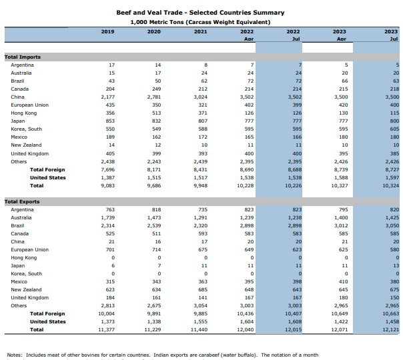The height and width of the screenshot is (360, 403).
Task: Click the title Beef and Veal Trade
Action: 200,13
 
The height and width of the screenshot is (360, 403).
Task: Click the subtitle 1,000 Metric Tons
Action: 200,22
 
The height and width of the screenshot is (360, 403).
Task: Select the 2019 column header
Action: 107,31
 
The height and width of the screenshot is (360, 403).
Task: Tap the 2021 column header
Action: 200,31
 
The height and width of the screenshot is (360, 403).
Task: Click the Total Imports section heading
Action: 23,57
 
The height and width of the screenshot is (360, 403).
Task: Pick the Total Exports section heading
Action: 23,201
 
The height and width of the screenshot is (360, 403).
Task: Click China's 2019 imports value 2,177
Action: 107,97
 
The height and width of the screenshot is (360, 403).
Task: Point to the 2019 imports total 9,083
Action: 107,185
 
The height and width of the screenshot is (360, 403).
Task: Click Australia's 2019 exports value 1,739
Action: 107,217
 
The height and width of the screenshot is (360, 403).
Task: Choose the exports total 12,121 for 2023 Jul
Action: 391,329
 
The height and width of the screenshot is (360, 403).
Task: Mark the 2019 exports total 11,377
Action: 106,329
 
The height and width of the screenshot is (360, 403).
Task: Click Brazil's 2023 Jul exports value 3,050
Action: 392,225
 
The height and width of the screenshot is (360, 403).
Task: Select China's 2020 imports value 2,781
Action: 153,97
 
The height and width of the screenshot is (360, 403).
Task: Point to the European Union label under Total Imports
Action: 29,105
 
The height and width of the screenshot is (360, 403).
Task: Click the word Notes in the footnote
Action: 15,355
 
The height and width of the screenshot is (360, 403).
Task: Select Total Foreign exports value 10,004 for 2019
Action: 106,313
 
